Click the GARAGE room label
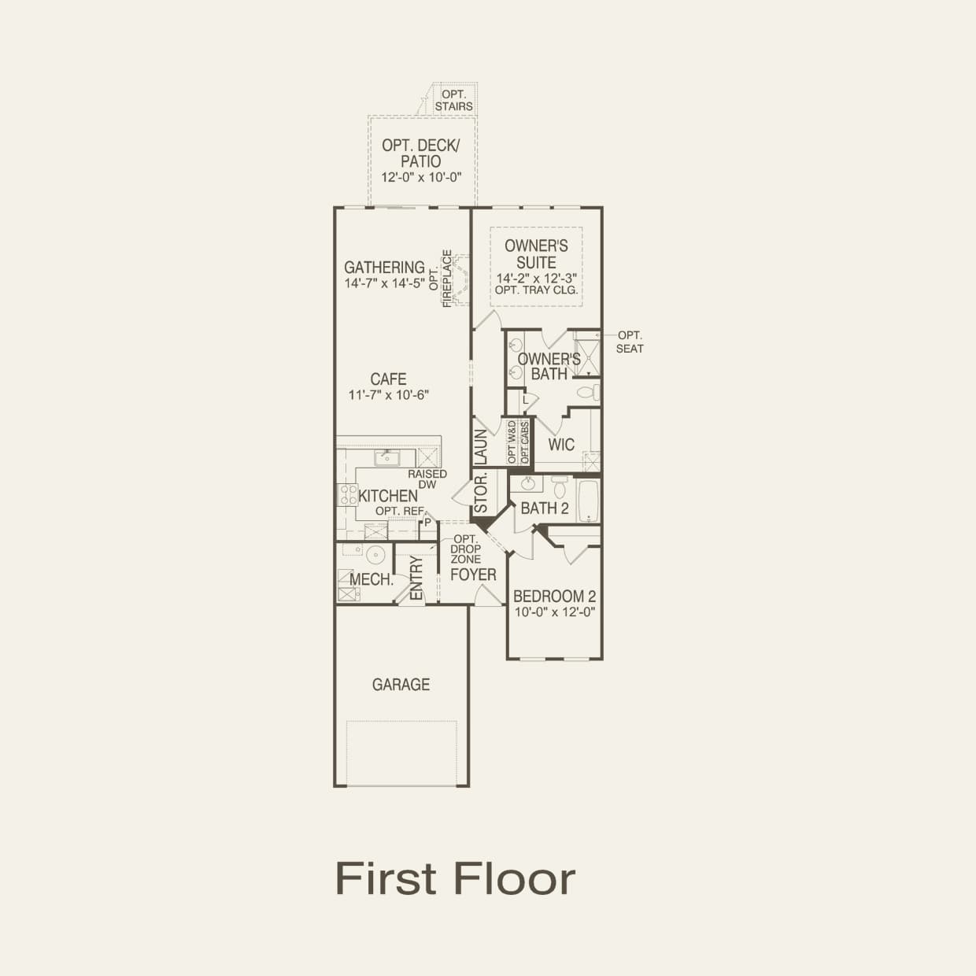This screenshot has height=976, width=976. tap(401, 685)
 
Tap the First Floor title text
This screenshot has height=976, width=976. tap(455, 878)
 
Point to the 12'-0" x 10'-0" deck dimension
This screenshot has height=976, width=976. tap(421, 178)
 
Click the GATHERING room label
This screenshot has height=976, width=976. tap(384, 268)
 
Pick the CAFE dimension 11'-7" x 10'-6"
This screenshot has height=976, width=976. tap(388, 395)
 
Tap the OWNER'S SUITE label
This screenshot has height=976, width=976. tap(536, 254)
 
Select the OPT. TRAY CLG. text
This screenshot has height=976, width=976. tap(536, 290)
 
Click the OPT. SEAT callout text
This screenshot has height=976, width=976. tap(630, 342)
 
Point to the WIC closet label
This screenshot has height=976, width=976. tap(561, 445)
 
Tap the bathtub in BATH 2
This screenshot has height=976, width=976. tap(588, 501)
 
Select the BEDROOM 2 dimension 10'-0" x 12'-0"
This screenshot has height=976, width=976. tap(554, 612)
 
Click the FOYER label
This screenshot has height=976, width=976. tap(473, 575)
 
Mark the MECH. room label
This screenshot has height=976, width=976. tap(372, 580)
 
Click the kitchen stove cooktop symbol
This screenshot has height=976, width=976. tap(347, 495)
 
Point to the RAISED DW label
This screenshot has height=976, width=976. tap(427, 479)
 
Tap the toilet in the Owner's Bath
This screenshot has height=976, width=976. tap(587, 391)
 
